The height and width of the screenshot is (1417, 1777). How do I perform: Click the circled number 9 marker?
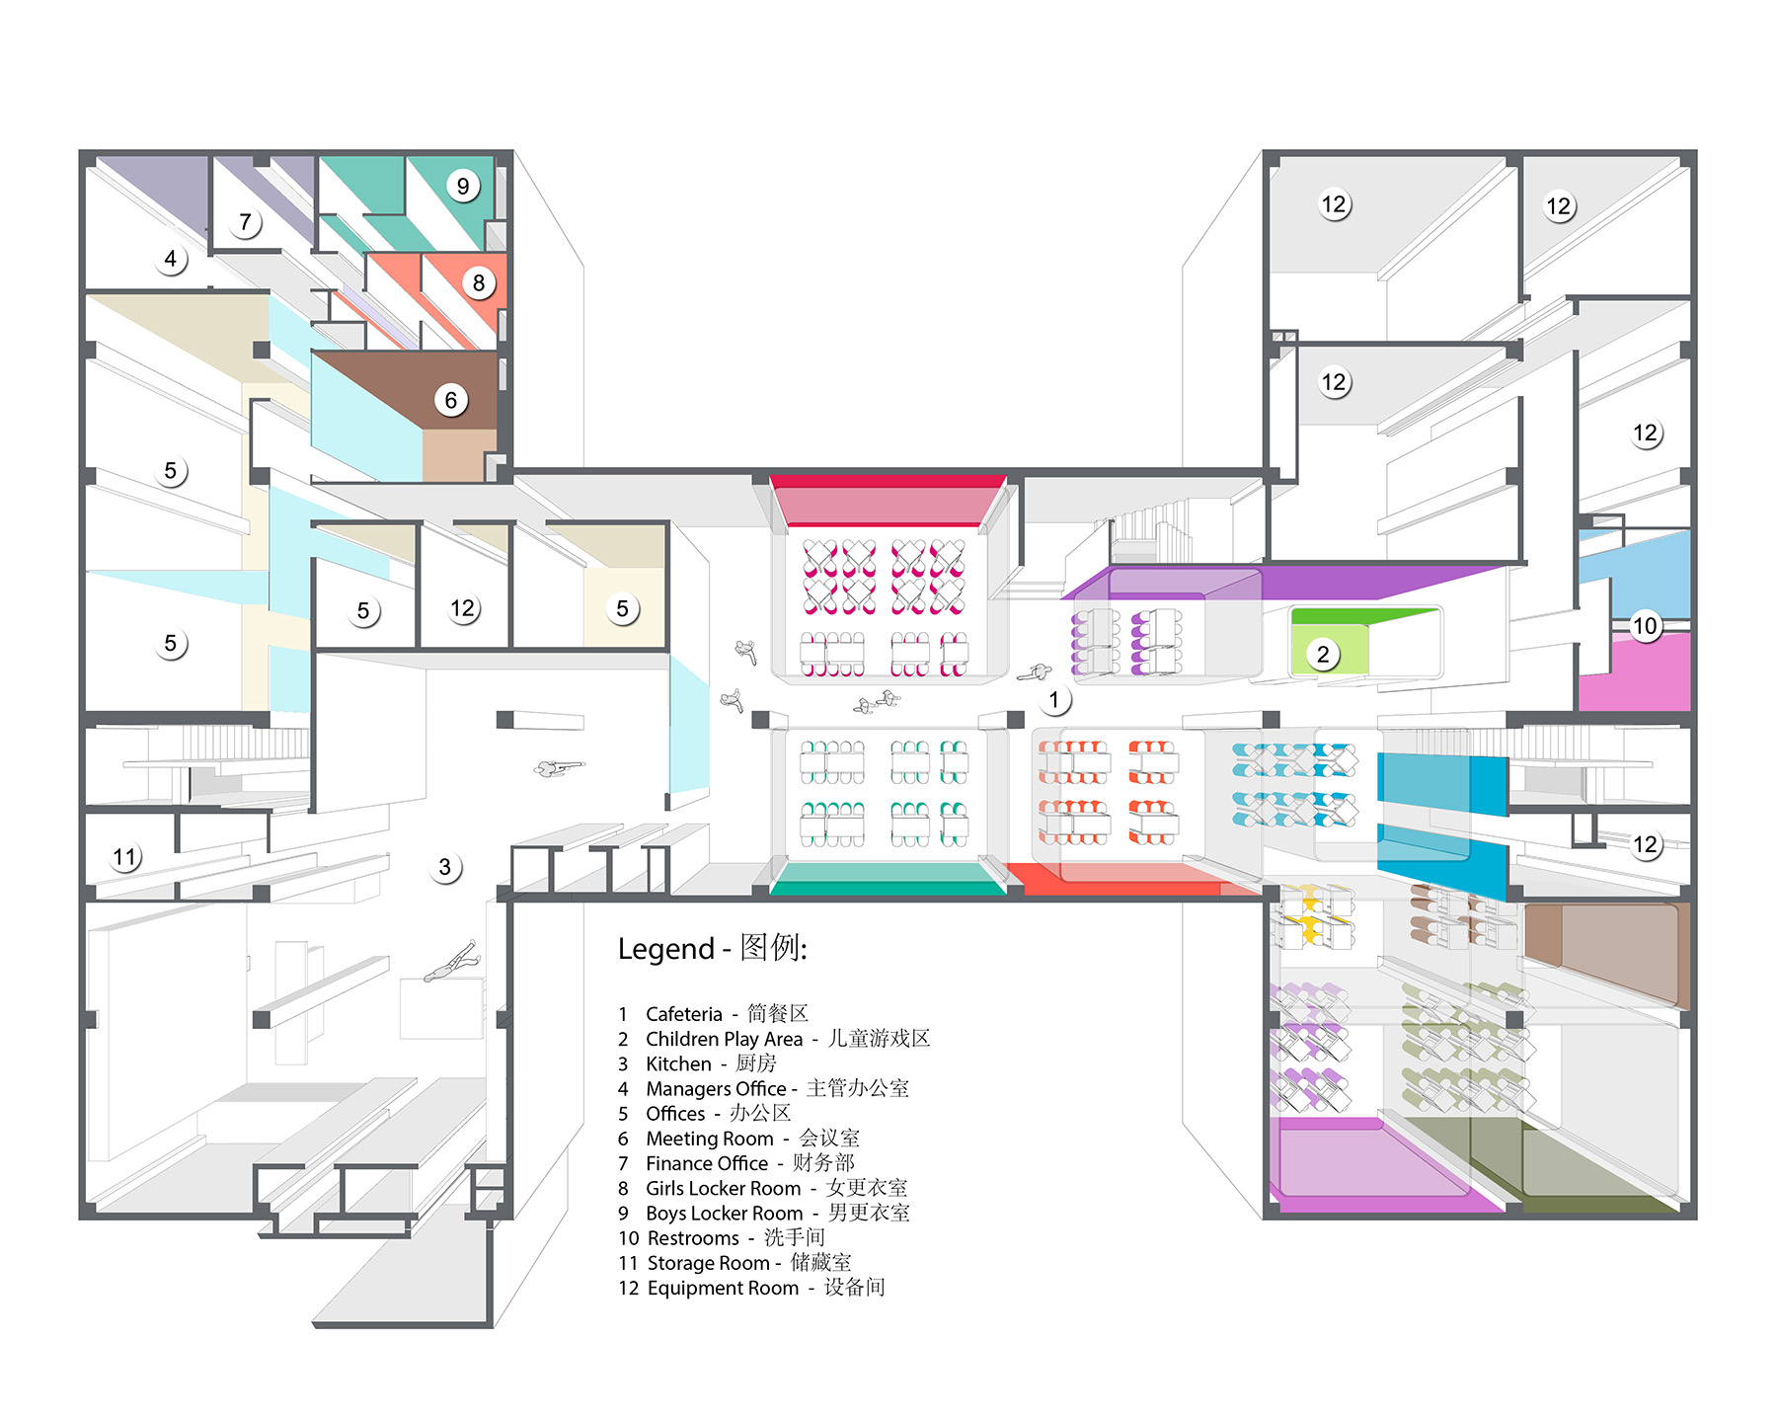coord(462,186)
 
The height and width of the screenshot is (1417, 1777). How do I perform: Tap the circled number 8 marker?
coord(478,283)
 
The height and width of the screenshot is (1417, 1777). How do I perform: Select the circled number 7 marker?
coord(245,222)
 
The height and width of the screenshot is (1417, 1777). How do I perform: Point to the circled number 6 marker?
coord(450,400)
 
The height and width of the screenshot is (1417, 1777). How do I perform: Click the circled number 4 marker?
coord(170,259)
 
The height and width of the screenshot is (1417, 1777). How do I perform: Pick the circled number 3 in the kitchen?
coord(444,867)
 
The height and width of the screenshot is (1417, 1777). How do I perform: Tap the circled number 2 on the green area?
coord(1323,654)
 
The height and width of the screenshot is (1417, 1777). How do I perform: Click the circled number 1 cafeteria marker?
coord(1053,700)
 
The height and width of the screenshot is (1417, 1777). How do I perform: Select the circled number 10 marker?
coord(1644,625)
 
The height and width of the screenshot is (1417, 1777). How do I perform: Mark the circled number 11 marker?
coord(124,856)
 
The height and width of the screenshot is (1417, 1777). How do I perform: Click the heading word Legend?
coord(665,949)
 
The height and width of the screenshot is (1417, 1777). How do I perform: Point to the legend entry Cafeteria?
coord(684,1014)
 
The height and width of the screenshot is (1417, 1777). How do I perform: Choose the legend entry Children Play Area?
coord(724,1039)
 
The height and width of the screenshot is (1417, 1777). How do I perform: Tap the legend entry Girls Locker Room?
coord(723,1188)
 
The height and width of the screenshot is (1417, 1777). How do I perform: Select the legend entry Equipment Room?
coord(723,1288)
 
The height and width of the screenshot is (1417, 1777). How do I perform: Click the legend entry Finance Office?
coord(707,1163)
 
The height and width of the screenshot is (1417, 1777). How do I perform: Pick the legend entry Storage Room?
coord(708,1263)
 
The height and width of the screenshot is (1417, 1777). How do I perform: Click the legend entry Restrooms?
coord(692,1238)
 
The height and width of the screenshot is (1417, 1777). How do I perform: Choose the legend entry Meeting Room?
coord(709,1139)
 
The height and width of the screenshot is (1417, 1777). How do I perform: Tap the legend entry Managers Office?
coord(716,1089)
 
